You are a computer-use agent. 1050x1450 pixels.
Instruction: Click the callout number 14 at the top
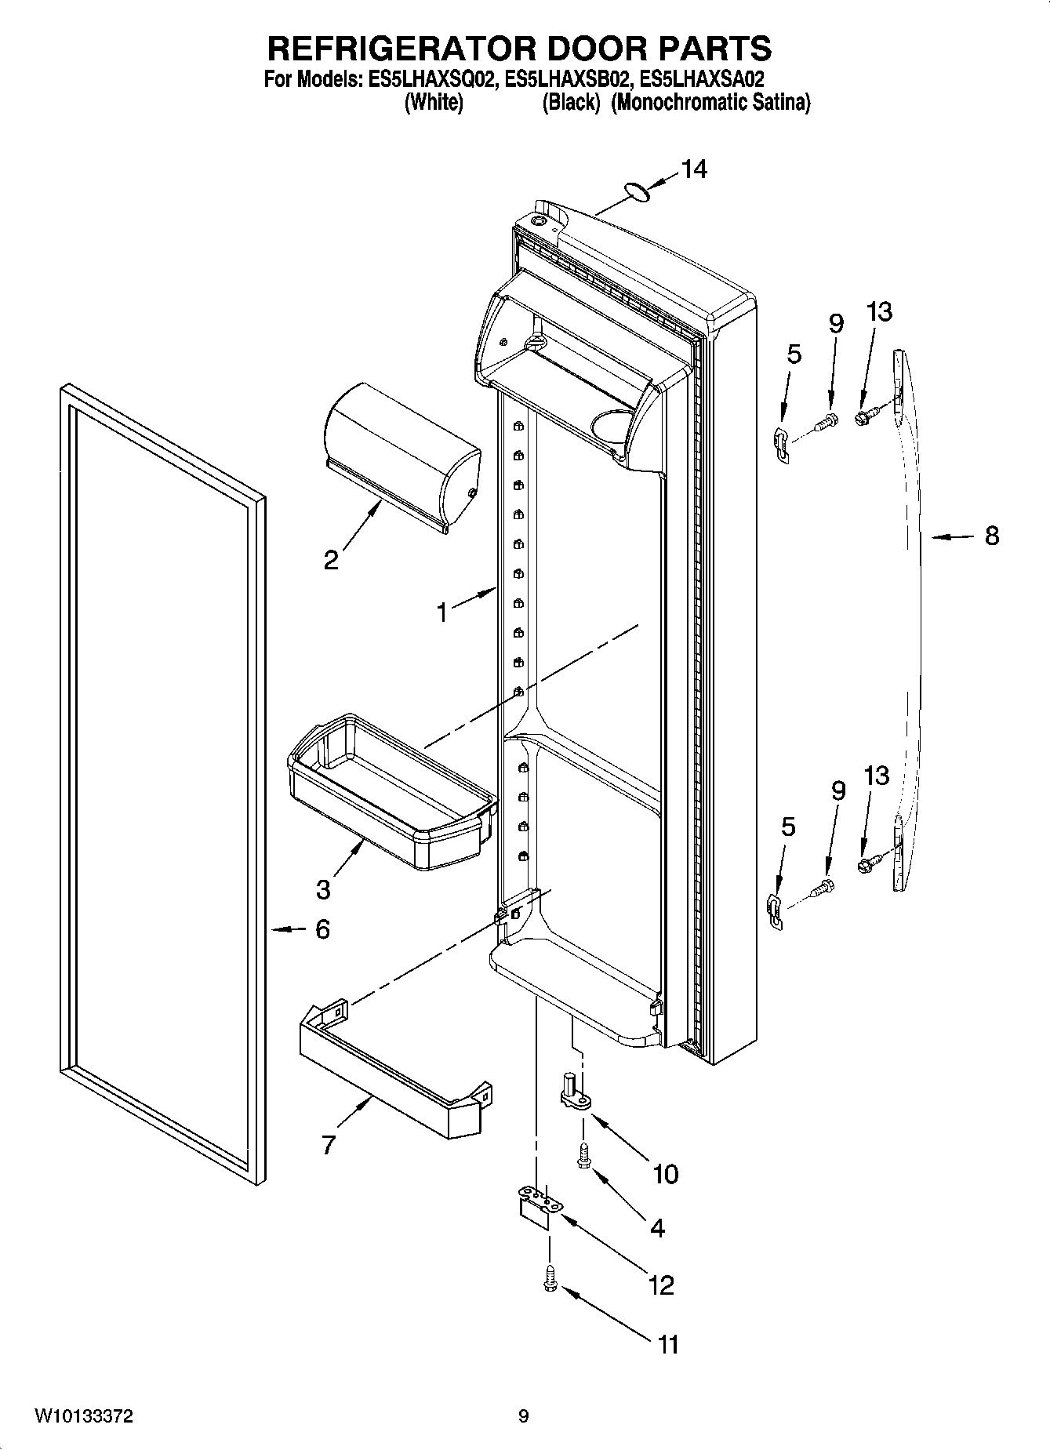point(693,169)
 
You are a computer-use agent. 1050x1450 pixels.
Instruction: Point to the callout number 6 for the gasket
point(322,929)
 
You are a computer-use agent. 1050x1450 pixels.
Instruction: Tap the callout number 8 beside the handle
point(992,536)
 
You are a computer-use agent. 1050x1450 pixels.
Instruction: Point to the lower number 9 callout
point(837,790)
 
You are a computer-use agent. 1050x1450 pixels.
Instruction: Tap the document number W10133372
point(83,1416)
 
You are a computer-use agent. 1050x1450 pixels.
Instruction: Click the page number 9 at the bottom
point(523,1416)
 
